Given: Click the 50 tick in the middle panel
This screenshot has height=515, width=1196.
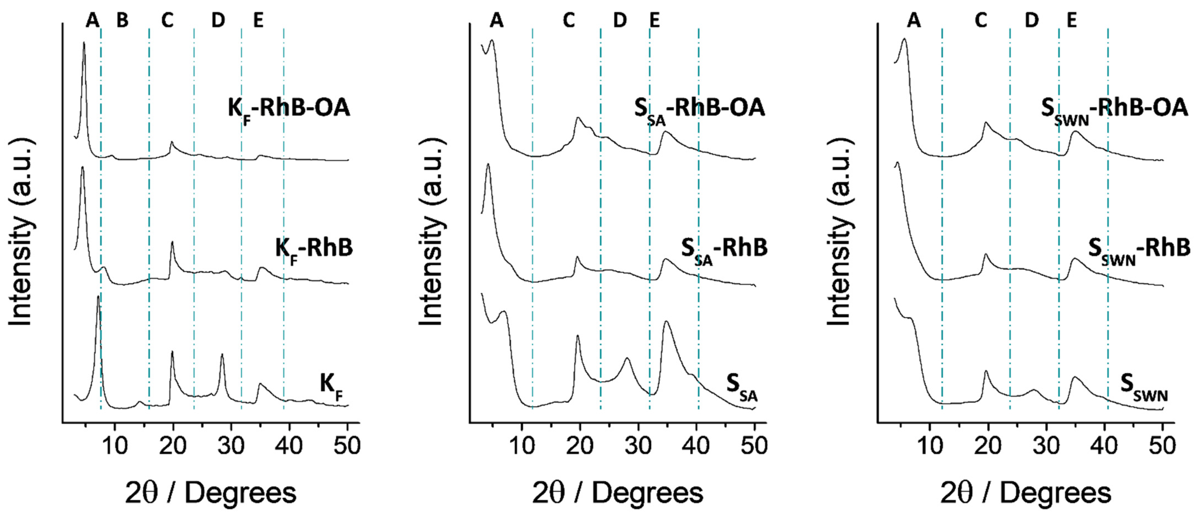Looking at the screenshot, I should (754, 446).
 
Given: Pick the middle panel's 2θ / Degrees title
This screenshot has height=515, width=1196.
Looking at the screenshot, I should (617, 493).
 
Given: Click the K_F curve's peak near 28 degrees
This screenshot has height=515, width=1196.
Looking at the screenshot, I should (222, 355).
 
